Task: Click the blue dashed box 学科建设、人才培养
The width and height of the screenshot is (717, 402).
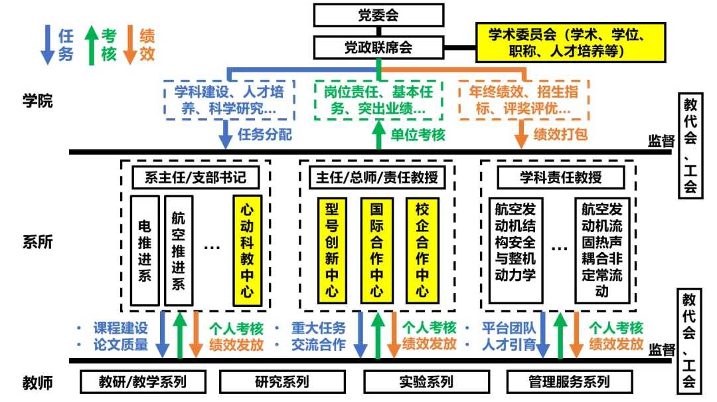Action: coord(228,100)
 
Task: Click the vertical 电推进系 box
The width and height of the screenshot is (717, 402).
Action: coord(145,251)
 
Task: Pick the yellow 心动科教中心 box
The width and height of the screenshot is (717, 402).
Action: coord(247,251)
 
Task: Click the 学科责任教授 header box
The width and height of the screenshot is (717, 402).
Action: coord(560,177)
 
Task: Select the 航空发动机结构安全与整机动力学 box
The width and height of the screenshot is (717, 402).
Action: coord(515,241)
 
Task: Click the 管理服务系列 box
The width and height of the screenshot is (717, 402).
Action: coord(569,381)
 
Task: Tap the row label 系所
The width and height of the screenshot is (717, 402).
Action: coord(37,242)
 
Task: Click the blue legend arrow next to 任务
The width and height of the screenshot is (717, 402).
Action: coord(47,45)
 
